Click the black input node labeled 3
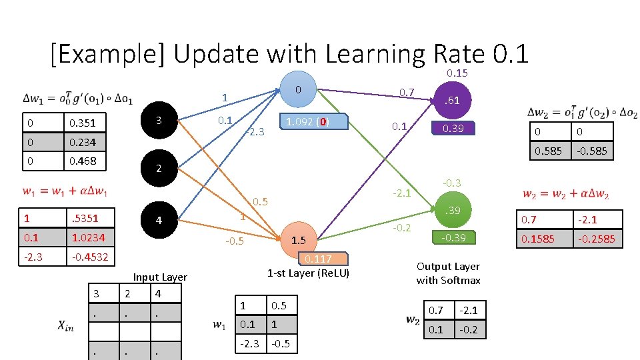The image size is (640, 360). coord(157,121)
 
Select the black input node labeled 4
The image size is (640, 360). coord(157,221)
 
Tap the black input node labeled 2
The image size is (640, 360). coord(157,169)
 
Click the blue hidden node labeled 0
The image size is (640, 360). coord(299,89)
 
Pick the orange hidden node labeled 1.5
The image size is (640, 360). coord(298,240)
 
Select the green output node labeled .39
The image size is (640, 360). coord(452,211)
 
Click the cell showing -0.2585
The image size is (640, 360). coord(597,239)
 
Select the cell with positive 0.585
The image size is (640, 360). coord(547,151)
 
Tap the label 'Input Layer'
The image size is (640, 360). coord(160,277)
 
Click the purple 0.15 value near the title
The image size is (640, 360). coord(457,73)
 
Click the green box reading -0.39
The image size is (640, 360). coord(453,238)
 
